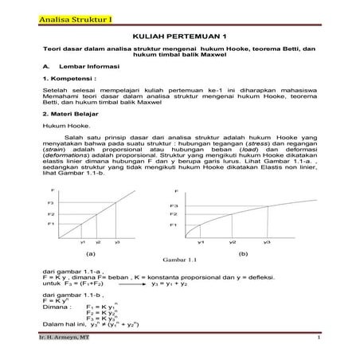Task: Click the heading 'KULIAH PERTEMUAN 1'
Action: coord(179,37)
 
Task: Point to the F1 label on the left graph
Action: coord(52,224)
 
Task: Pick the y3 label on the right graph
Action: coord(267,241)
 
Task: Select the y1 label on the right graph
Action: coord(201,241)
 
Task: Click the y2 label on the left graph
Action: coord(98,241)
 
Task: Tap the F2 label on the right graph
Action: coord(174,215)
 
